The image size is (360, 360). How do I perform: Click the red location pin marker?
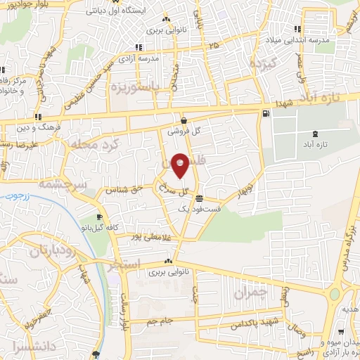coord(180,166)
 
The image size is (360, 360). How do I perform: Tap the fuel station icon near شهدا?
coord(265,114)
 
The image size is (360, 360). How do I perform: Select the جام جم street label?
coord(161,321)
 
